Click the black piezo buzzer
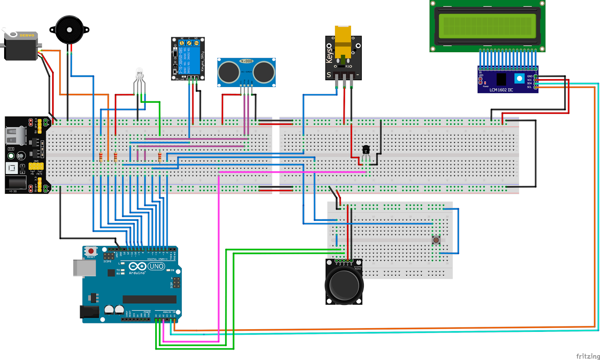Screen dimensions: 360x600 [69, 30]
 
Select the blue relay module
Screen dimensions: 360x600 [187, 58]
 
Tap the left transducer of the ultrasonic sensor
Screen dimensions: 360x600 [229, 72]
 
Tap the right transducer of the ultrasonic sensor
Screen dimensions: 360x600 [264, 72]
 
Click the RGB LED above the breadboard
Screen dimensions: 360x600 [139, 74]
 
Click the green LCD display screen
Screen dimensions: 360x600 [487, 25]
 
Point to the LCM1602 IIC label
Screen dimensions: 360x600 [501, 90]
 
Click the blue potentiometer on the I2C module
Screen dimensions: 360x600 [519, 79]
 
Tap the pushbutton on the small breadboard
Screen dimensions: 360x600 [436, 240]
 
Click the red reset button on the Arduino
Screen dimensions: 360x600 [91, 251]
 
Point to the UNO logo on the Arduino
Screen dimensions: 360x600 [156, 266]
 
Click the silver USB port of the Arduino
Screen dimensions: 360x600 [84, 268]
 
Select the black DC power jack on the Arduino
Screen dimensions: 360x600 [89, 312]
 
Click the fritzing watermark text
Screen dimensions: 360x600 [588, 356]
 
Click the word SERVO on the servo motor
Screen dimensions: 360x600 [27, 35]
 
